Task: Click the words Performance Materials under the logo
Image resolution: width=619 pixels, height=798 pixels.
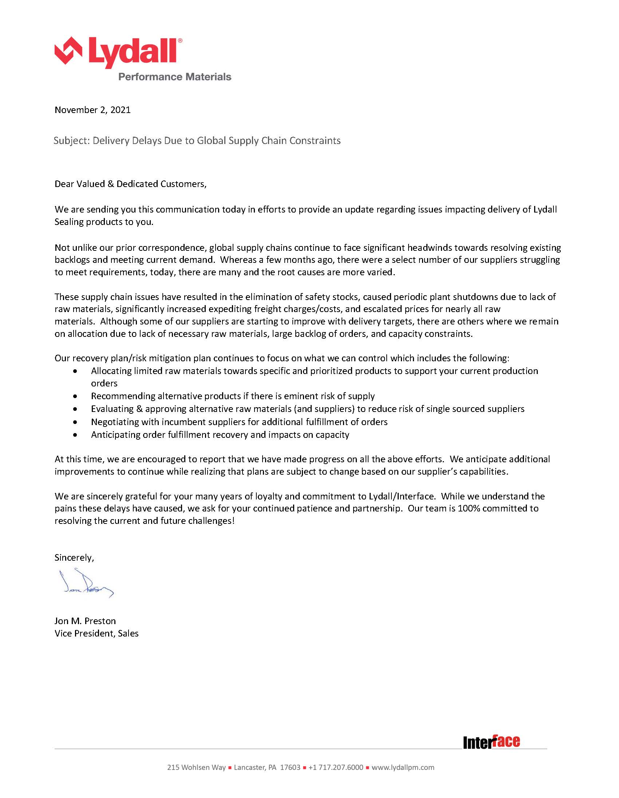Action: point(175,77)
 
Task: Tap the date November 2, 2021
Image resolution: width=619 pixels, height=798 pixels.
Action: point(93,110)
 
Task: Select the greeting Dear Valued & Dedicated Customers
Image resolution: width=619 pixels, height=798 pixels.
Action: point(130,184)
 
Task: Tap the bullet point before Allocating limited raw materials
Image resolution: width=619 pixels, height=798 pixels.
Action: point(75,371)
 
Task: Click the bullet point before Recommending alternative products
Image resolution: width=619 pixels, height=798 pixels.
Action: point(75,396)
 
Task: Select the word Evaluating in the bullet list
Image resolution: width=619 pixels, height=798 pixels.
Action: point(113,409)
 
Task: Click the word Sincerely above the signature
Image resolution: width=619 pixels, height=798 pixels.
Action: point(74,557)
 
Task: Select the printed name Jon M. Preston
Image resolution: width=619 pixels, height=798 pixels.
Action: point(85,621)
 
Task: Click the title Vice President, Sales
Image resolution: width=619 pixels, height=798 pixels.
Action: point(96,633)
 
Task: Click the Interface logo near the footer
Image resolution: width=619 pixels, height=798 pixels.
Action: point(491,742)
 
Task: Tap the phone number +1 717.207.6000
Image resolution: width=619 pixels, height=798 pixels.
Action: point(336,767)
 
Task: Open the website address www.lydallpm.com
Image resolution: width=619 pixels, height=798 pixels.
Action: point(403,767)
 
